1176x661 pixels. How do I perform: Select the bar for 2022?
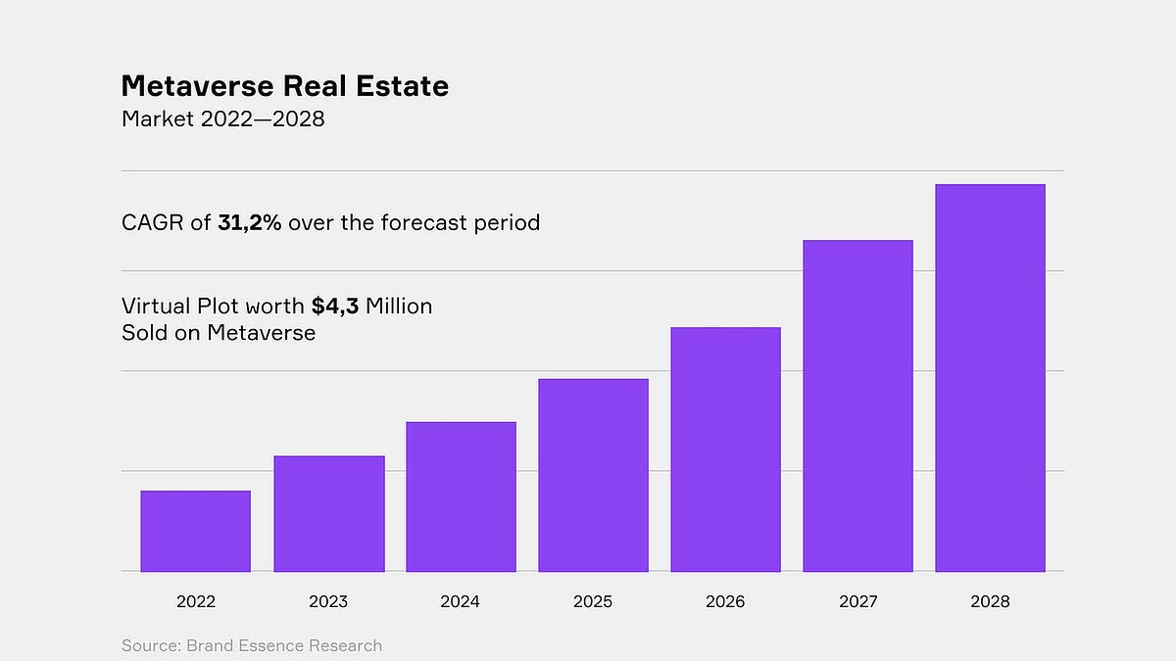[x=195, y=531]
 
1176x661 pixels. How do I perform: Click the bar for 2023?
[x=328, y=513]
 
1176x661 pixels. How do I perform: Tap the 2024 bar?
[x=461, y=496]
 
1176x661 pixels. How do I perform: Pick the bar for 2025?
[x=593, y=475]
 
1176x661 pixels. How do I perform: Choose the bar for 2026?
[x=725, y=449]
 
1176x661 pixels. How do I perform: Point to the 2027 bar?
[x=857, y=405]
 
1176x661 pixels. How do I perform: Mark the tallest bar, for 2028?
[x=990, y=378]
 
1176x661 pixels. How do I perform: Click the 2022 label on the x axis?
[x=195, y=602]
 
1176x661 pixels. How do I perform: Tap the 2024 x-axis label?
[x=461, y=602]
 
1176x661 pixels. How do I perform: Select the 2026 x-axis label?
[x=725, y=602]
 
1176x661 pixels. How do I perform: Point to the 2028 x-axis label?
[x=990, y=602]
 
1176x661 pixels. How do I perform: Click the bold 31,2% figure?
[x=250, y=222]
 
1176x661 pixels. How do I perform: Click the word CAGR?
[x=152, y=222]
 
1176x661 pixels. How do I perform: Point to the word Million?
[x=399, y=307]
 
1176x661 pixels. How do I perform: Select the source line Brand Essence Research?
[x=252, y=645]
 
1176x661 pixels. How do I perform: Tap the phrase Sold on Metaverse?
[x=219, y=333]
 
